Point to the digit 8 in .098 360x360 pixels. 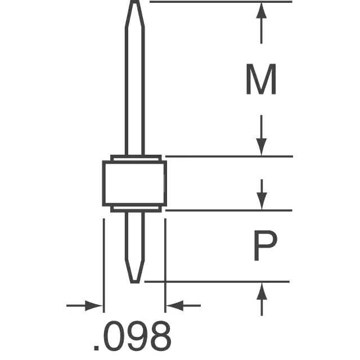point(159,336)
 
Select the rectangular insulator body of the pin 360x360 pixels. point(134,183)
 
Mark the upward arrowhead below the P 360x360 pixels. point(261,291)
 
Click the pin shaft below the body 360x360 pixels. point(134,236)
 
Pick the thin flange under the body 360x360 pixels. point(134,209)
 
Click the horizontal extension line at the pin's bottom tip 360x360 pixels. point(225,281)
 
